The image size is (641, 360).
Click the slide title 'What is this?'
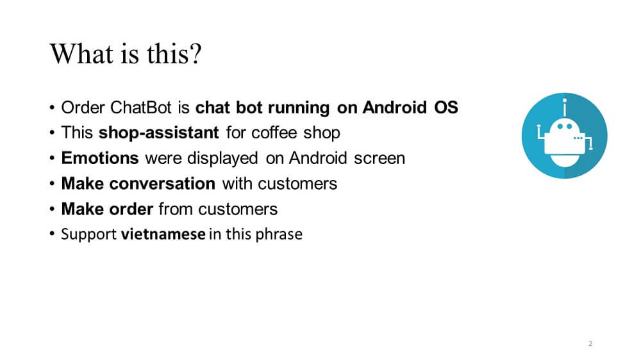(126, 54)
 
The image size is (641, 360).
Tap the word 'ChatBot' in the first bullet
(141, 108)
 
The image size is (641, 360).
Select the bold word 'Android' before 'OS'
(394, 108)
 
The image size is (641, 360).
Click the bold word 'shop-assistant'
(158, 133)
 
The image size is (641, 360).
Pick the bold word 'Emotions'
(100, 158)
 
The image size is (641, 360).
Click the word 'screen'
(379, 159)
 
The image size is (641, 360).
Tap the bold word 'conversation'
(162, 183)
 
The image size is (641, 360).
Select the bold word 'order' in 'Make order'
(131, 209)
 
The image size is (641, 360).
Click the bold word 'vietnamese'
(163, 234)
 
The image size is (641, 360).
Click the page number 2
(590, 343)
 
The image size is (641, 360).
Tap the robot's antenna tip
(565, 100)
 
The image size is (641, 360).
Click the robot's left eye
(560, 126)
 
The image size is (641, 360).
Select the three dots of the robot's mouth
(578, 138)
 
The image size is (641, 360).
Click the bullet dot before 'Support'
(52, 234)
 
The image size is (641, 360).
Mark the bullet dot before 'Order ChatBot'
(52, 108)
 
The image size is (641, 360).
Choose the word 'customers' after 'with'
(297, 184)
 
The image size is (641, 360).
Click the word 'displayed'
(222, 159)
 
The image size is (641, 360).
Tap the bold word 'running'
(299, 108)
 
